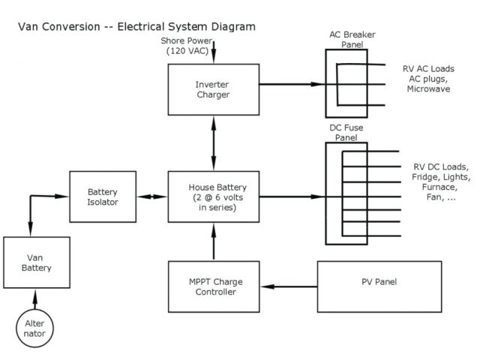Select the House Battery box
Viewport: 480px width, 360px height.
(x=214, y=197)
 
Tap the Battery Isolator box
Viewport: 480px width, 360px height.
(x=102, y=197)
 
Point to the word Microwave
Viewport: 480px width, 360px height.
(x=428, y=89)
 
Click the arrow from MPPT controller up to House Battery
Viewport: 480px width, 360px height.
(x=214, y=241)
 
